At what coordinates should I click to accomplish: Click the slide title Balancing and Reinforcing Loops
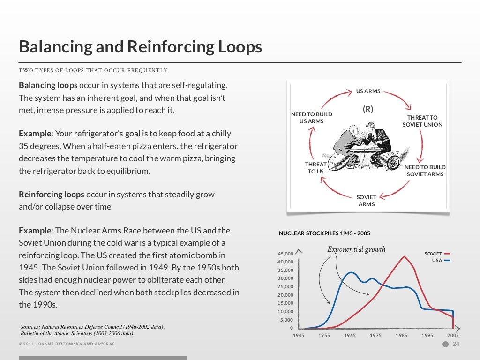tap(140, 47)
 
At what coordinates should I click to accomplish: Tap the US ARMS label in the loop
tap(368, 91)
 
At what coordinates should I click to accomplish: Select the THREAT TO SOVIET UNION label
tap(422, 121)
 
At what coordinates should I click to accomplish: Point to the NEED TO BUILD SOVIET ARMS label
tap(425, 171)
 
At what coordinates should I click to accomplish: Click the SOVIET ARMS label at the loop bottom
tap(366, 201)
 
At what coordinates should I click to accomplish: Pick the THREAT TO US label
tap(316, 168)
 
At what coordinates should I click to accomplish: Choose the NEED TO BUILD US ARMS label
tap(311, 118)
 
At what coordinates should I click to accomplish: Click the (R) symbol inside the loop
tap(368, 109)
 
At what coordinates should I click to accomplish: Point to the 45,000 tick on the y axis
tap(285, 254)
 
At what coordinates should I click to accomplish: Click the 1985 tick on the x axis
tap(401, 336)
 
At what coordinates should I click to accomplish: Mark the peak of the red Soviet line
tap(404, 256)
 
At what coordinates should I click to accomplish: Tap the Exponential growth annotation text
tap(356, 249)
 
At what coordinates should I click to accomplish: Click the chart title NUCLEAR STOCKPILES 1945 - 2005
tap(324, 233)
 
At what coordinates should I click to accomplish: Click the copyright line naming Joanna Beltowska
tap(67, 345)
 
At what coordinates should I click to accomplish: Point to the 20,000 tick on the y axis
tap(285, 295)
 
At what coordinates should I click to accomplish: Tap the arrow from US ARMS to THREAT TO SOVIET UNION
tap(398, 99)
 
